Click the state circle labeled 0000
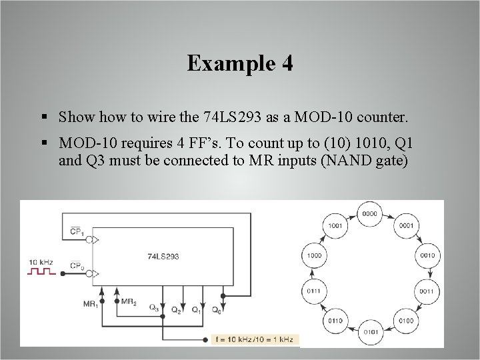click(370, 213)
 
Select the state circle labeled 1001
click(335, 225)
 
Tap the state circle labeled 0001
click(406, 225)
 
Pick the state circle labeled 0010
click(427, 255)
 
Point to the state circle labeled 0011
click(427, 291)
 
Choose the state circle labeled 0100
click(406, 321)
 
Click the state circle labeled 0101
click(370, 331)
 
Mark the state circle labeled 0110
click(335, 321)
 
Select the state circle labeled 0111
click(313, 291)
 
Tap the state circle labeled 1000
click(313, 255)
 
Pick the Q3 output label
click(154, 308)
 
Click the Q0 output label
click(217, 310)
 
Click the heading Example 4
click(240, 63)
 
